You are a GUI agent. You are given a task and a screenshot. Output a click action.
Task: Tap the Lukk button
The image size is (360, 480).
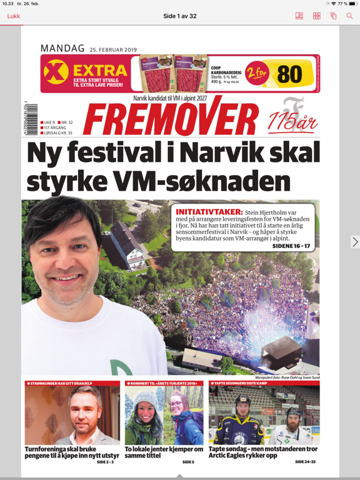coord(13,16)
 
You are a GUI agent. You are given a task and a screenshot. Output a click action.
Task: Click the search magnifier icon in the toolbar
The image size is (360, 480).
coord(350,16)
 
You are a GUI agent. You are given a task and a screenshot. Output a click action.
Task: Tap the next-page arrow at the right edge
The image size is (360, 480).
coord(355,242)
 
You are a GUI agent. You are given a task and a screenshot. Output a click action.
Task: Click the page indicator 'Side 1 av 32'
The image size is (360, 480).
coord(180,16)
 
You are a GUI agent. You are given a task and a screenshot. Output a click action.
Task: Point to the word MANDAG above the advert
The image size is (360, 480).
coord(62,48)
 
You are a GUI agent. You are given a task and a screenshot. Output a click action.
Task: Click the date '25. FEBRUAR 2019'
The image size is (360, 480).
coord(113,49)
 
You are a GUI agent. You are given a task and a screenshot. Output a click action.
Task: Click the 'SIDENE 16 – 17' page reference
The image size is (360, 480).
coord(291,246)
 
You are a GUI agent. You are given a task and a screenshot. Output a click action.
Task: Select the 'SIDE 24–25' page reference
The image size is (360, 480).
coord(306,462)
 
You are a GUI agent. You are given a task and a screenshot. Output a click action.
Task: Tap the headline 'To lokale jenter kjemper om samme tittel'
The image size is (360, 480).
coord(164,452)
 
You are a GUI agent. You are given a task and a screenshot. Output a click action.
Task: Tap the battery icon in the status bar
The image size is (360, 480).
coord(352,4)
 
